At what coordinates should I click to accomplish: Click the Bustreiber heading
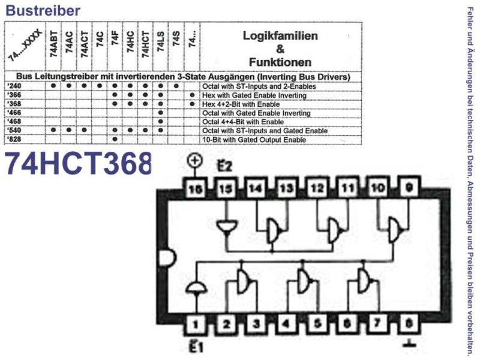[43, 10]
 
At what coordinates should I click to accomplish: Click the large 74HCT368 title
[79, 164]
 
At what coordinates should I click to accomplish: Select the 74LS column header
[160, 42]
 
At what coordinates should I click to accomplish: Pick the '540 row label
[14, 130]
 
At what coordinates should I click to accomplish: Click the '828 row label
[14, 140]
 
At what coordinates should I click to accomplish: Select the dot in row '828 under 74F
[115, 139]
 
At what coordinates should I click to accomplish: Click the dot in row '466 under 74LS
[161, 113]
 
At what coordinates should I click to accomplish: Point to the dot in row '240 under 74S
[176, 86]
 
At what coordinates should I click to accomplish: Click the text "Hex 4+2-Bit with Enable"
[241, 104]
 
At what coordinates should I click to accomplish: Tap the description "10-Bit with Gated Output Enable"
[254, 140]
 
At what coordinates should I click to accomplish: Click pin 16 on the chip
[196, 189]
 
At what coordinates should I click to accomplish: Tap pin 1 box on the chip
[196, 323]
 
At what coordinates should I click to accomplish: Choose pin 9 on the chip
[409, 187]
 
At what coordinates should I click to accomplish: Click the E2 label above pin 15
[225, 166]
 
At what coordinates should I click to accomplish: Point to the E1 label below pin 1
[196, 347]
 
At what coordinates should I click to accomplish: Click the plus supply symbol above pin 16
[195, 160]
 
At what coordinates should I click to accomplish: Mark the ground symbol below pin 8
[409, 343]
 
